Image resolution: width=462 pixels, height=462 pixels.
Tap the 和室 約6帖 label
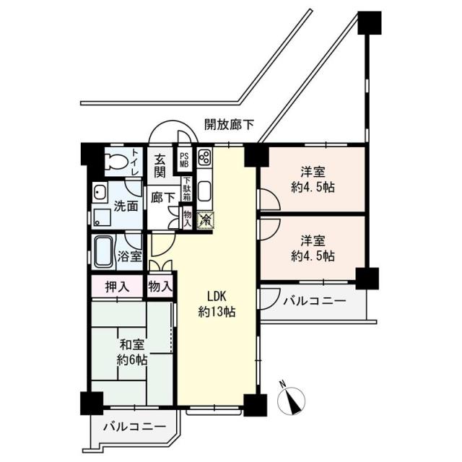click(131, 352)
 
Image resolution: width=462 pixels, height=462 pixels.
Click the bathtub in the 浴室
click(103, 252)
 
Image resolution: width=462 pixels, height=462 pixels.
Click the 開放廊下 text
click(229, 124)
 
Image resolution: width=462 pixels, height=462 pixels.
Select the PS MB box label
click(183, 160)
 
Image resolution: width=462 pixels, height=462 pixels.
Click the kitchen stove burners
click(204, 159)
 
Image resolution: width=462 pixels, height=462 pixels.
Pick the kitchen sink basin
click(204, 193)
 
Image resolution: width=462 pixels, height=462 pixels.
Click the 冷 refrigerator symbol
click(206, 219)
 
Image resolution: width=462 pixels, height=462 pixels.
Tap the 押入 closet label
click(118, 287)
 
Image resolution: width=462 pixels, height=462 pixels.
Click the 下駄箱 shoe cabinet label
click(187, 191)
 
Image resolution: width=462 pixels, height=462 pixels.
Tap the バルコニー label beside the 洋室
click(313, 300)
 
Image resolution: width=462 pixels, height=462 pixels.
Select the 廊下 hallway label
click(160, 197)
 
